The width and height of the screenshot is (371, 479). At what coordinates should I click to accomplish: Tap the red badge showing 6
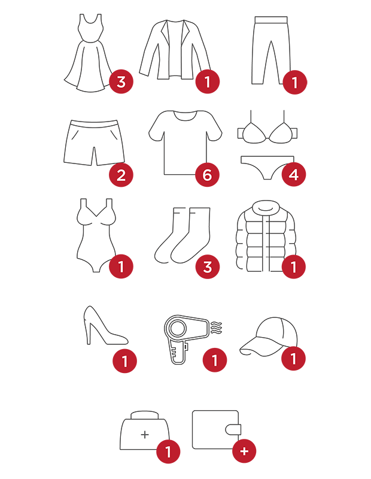click(207, 175)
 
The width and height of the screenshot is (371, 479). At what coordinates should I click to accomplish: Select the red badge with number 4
click(294, 174)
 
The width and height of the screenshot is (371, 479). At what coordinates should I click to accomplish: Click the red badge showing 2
click(121, 175)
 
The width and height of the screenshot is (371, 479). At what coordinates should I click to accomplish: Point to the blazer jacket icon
click(175, 50)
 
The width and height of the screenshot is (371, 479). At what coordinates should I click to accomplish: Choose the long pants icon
click(271, 50)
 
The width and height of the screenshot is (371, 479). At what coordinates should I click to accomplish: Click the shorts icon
click(94, 143)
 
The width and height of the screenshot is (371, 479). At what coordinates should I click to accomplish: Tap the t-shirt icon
click(185, 143)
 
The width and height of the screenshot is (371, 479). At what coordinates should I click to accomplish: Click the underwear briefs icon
click(267, 167)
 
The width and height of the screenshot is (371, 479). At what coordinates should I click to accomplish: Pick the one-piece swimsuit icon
click(96, 235)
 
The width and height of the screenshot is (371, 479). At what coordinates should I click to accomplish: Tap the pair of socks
click(183, 235)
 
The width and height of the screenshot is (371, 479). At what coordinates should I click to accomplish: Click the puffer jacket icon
click(266, 235)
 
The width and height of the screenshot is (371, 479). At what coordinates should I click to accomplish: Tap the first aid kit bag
click(145, 430)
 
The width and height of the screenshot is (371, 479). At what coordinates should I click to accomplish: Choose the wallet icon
click(217, 429)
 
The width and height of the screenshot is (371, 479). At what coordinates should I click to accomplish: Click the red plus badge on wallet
click(244, 451)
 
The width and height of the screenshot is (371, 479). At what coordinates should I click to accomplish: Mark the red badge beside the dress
click(121, 81)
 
